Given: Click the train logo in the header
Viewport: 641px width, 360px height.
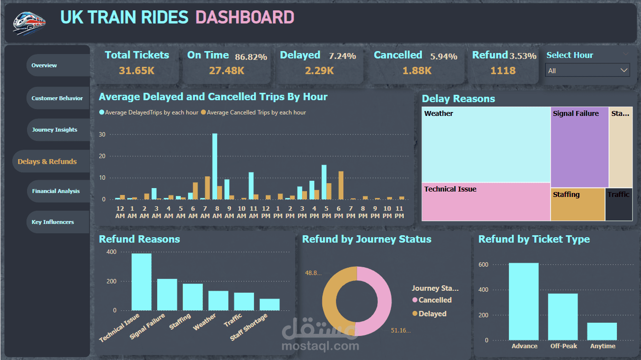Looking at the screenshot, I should coord(29,22).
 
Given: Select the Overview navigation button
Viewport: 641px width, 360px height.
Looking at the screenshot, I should coord(44,65).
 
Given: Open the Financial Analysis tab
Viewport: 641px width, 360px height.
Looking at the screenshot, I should coord(56,191).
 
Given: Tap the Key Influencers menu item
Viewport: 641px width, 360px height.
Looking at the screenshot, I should coord(53,222).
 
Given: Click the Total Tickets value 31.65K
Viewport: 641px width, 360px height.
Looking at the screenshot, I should coord(137,71).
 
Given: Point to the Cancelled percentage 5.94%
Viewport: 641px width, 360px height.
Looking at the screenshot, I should coord(444,56).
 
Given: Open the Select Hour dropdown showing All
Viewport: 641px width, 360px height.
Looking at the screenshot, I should coord(587,71).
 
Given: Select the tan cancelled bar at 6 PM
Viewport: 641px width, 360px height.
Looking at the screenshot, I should coord(341,185).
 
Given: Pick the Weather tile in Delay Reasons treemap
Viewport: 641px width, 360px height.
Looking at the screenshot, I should coord(486,144).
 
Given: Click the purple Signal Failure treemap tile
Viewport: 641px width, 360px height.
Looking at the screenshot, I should coord(580,147).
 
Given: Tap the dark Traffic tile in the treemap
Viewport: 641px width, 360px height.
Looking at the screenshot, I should coord(618,204).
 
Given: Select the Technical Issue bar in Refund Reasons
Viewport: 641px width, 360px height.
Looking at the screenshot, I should coord(141,282).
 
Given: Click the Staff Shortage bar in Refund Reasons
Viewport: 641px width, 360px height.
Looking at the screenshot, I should coord(270,305).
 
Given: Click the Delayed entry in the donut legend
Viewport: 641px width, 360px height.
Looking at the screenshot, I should coord(432,314).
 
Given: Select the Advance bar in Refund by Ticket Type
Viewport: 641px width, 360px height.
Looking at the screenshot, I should coord(524,302).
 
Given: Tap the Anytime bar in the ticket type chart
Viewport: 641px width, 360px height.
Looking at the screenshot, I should coord(602,332).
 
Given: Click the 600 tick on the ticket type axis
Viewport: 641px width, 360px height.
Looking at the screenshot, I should coord(484,265).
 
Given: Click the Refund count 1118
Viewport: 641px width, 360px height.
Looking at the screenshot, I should coord(503,71).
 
